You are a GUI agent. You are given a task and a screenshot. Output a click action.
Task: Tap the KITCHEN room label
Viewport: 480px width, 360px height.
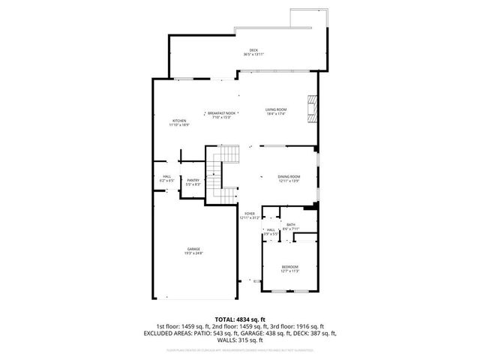[x=179, y=121]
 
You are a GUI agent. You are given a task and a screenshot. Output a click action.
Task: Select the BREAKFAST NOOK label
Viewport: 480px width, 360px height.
[x=221, y=112]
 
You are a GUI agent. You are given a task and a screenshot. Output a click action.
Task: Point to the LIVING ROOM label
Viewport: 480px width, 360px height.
[x=276, y=109]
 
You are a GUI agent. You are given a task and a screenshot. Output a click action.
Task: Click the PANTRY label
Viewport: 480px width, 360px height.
[x=193, y=180]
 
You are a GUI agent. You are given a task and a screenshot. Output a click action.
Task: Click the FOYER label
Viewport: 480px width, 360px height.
[x=250, y=214]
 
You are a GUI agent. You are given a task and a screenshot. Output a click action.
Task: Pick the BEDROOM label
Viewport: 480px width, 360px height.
[x=289, y=267]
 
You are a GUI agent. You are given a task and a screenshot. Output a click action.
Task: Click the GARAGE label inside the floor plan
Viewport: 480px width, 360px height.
[x=193, y=249]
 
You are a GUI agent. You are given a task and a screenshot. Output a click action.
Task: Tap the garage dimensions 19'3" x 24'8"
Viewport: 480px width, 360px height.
[x=193, y=253]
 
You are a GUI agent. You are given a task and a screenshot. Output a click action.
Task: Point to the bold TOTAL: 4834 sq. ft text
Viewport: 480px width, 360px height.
[x=239, y=318]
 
